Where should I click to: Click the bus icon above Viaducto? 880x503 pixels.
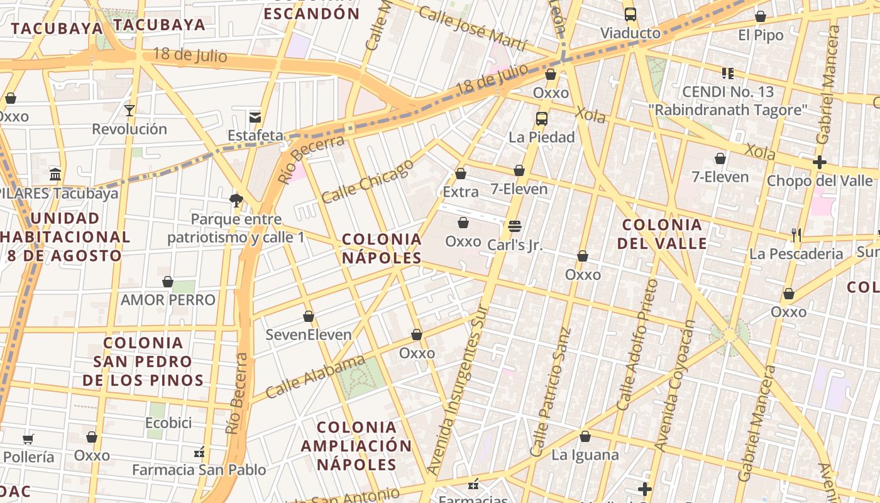click(x=630, y=14)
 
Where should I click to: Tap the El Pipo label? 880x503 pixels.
click(x=761, y=35)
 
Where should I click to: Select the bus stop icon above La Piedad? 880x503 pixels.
click(x=541, y=118)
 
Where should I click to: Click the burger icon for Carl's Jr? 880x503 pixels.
click(x=515, y=226)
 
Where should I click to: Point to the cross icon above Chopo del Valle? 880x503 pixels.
click(x=819, y=162)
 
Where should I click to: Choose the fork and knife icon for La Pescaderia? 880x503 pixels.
click(x=796, y=235)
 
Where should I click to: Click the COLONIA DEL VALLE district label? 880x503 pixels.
click(x=662, y=234)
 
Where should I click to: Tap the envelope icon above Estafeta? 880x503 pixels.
click(x=255, y=117)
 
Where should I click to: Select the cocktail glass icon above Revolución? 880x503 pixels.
click(x=129, y=111)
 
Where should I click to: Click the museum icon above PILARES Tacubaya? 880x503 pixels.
click(x=55, y=174)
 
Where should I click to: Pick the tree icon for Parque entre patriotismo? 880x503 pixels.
click(x=236, y=201)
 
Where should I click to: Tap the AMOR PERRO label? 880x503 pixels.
click(x=168, y=300)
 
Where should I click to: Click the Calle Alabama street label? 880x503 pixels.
click(x=315, y=376)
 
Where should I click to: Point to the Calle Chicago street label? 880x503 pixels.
click(x=368, y=181)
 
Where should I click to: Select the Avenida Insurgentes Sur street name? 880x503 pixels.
click(x=458, y=390)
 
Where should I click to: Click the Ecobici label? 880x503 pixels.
click(x=168, y=423)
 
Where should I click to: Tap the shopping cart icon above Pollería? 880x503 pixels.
click(x=28, y=439)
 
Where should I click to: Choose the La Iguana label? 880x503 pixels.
click(x=585, y=455)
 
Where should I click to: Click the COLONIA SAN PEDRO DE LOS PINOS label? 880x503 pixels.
click(x=143, y=362)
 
